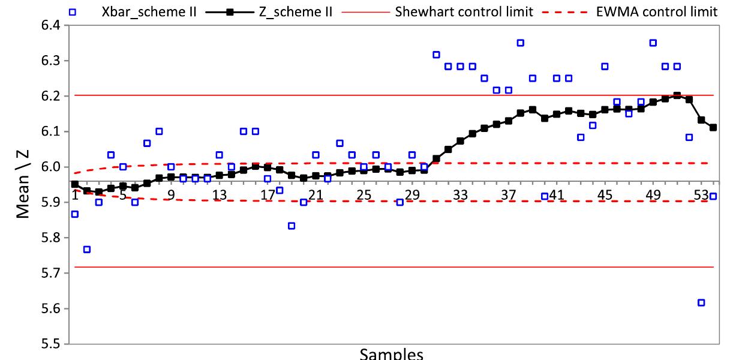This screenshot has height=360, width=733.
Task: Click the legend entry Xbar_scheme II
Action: point(157,11)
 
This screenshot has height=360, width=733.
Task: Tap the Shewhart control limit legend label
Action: point(464,11)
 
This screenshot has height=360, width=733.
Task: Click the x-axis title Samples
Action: point(391,354)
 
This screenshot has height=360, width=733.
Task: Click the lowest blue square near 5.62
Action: point(701,302)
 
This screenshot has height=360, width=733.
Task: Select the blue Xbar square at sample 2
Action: point(87,249)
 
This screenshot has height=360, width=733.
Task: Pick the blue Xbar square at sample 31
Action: point(436,55)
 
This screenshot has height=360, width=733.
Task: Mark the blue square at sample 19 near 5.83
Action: point(292,226)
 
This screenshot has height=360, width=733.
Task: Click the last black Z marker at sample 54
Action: point(713,127)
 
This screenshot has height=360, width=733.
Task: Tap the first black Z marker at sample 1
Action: point(75,184)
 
